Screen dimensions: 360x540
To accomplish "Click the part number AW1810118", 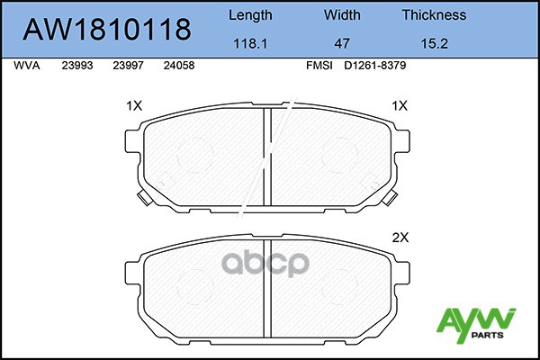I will coord(106,29).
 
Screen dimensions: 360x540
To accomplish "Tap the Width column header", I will coord(342,15).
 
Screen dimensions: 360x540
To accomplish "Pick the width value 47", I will coord(342,41).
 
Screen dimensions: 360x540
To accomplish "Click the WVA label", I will coord(28,66).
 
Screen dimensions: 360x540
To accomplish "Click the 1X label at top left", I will coord(135,105).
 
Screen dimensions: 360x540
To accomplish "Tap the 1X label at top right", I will coord(401,105).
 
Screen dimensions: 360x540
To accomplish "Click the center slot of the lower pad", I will coord(267,288).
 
